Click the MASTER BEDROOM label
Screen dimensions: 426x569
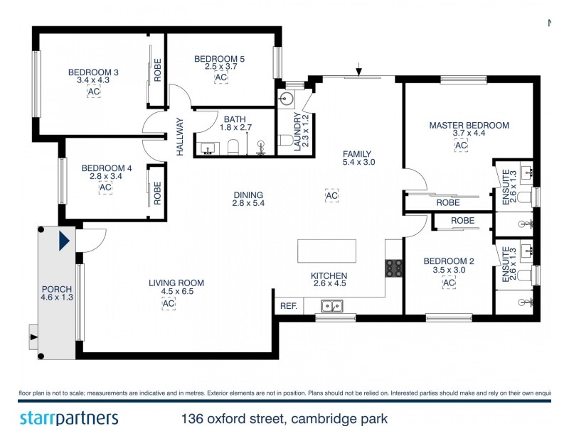pos(469,126)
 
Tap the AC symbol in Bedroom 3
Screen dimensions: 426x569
pos(93,92)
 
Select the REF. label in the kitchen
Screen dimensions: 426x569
pos(288,307)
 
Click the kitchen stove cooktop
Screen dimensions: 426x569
pos(394,268)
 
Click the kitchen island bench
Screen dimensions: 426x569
pos(326,251)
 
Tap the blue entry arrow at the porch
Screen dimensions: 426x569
pos(65,241)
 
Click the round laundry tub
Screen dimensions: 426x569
pos(289,98)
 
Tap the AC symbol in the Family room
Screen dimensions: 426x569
pos(331,195)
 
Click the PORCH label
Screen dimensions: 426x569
pos(57,289)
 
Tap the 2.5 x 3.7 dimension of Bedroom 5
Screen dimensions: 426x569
pos(219,66)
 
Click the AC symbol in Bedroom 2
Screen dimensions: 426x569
pos(449,283)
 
